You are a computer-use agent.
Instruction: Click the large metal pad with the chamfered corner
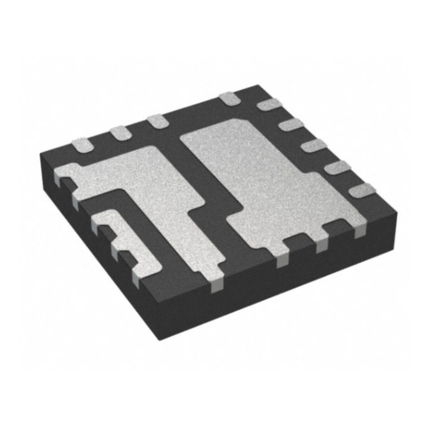click(262, 179)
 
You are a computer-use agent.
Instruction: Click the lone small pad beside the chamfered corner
click(227, 98)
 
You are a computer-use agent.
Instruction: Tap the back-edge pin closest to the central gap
click(157, 121)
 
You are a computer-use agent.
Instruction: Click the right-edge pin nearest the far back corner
click(266, 105)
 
